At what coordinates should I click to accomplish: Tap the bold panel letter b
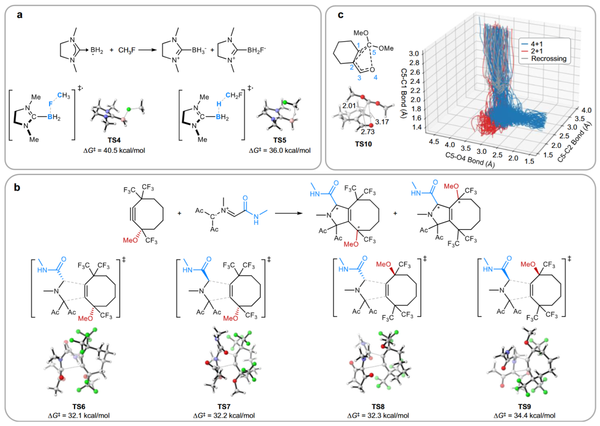coord(17,188)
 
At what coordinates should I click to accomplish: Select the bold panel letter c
coord(340,15)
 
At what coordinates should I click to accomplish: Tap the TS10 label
coord(363,144)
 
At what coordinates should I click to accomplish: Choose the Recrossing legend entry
coord(549,58)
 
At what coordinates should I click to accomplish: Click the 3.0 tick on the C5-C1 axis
coord(414,53)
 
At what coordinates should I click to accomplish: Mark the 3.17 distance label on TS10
coord(382,122)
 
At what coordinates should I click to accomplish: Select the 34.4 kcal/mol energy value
coord(524,415)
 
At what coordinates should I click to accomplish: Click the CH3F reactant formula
coord(127,50)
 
